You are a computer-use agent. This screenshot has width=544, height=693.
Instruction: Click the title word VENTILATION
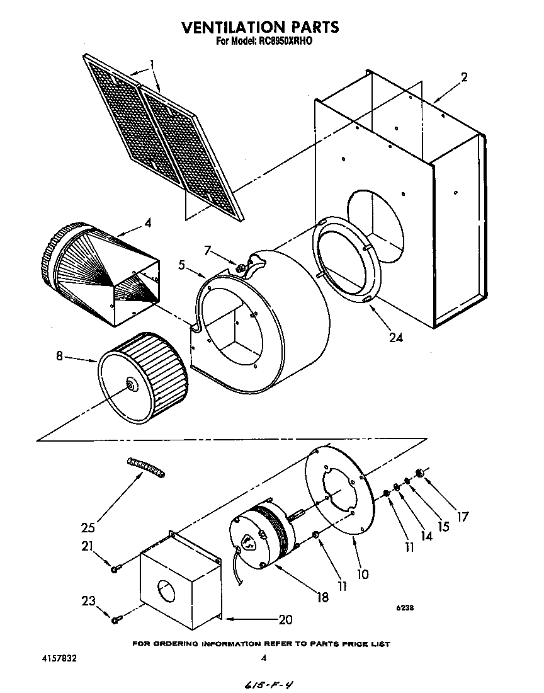point(233,27)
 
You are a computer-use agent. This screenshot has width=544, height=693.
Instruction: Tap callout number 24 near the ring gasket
point(395,337)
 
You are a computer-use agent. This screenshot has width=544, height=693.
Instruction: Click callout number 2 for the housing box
point(464,77)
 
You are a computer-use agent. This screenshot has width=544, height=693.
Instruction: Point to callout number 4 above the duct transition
point(147,222)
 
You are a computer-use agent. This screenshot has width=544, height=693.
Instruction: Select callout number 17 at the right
point(463,517)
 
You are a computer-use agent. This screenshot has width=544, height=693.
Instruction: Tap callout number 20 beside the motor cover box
point(285,619)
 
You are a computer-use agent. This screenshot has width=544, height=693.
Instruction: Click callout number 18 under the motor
point(322,597)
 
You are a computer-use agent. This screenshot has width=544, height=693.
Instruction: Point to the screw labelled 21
point(115,569)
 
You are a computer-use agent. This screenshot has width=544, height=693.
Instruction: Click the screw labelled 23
point(115,621)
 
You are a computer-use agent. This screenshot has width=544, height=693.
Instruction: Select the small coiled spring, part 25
point(146,467)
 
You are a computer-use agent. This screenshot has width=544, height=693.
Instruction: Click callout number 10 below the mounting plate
point(363,574)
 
